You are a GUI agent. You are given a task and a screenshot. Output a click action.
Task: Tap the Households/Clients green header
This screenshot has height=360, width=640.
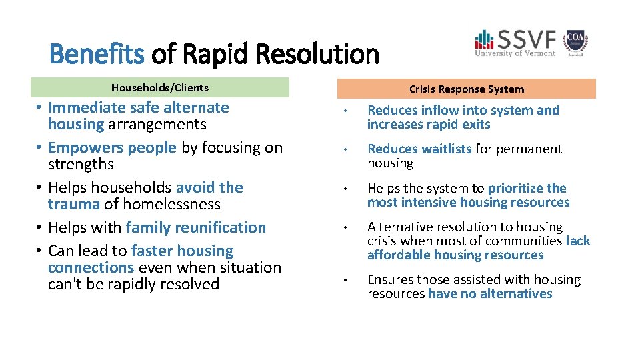(x=160, y=87)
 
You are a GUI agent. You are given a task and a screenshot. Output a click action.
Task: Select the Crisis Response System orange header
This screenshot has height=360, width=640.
(x=466, y=89)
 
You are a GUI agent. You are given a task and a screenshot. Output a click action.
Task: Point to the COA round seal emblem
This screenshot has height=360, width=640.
(x=575, y=41)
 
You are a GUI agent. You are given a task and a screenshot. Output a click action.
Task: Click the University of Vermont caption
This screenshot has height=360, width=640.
(x=515, y=53)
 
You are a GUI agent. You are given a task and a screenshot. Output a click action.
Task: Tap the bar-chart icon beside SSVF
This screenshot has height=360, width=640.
(x=484, y=39)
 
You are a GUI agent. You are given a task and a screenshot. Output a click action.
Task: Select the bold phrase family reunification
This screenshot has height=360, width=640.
(x=196, y=227)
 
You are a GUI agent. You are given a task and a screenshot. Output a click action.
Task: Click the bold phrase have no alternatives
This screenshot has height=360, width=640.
(x=490, y=293)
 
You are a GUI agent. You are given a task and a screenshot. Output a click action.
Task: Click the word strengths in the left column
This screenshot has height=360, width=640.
(x=81, y=164)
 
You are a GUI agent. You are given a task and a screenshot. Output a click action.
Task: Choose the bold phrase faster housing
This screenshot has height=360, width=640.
(x=183, y=251)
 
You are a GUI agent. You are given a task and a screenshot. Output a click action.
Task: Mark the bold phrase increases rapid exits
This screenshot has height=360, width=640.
(x=429, y=124)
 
